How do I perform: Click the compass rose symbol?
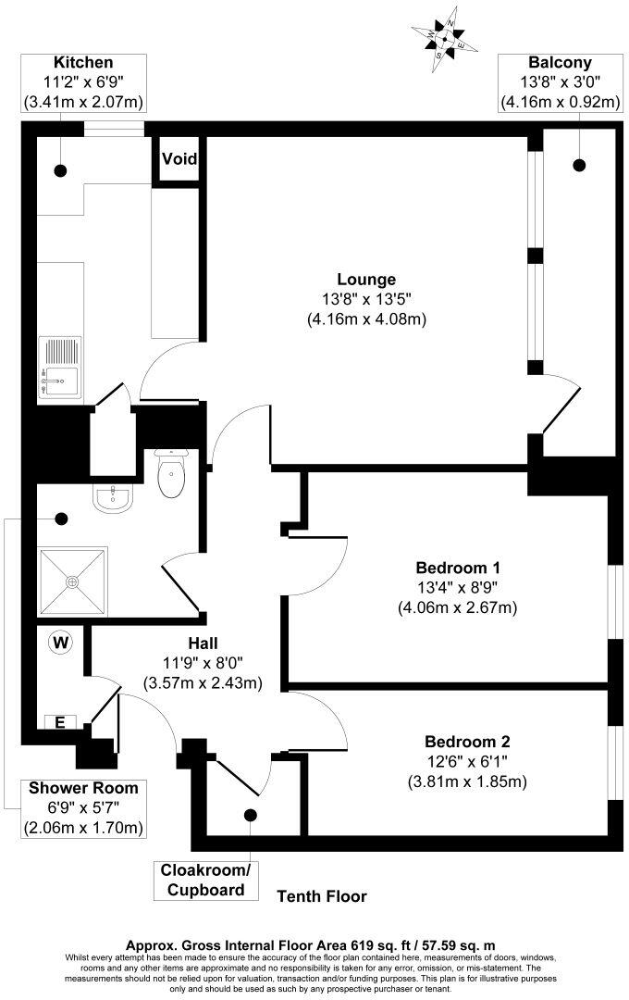(445, 38)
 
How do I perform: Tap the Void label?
(179, 158)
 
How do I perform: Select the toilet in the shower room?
(172, 474)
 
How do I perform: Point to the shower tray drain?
(71, 582)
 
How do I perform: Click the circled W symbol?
(62, 641)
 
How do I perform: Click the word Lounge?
(366, 279)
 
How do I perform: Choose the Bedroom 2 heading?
(467, 742)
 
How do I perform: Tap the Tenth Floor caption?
(323, 896)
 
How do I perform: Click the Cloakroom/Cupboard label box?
(205, 881)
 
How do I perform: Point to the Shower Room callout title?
(83, 788)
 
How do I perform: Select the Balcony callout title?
(559, 62)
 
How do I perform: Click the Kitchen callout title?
(83, 62)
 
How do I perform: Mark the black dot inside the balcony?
(580, 166)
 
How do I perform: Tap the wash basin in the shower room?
(114, 501)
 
